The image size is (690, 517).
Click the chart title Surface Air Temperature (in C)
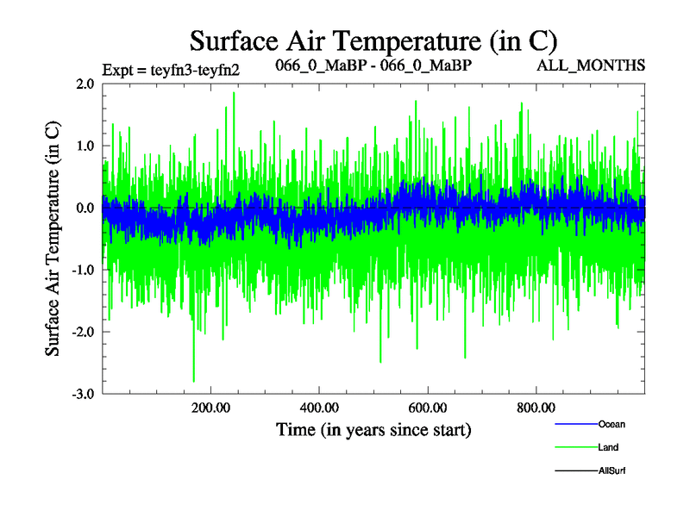pos(374,40)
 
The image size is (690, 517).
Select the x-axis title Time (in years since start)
pos(373,428)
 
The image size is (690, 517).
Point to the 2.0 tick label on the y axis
pos(85,84)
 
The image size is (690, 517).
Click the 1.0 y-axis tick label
pos(85,146)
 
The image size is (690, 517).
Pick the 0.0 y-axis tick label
pos(85,209)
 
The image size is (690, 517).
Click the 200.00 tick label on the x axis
pos(210,408)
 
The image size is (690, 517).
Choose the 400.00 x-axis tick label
pos(318,408)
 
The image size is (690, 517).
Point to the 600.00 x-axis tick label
pos(427,408)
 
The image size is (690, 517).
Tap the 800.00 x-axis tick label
pos(536,408)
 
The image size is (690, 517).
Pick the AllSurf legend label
pos(612,470)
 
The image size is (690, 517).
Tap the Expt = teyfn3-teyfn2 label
pos(170,70)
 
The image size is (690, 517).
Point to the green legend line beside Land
pos(575,447)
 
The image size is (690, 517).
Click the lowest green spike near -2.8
pos(194,380)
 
